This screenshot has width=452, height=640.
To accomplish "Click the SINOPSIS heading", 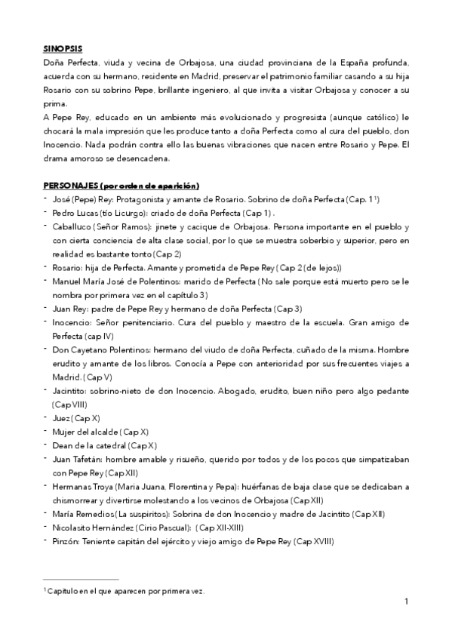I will [63, 46].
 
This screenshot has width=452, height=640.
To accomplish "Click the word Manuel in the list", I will [68, 282].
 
